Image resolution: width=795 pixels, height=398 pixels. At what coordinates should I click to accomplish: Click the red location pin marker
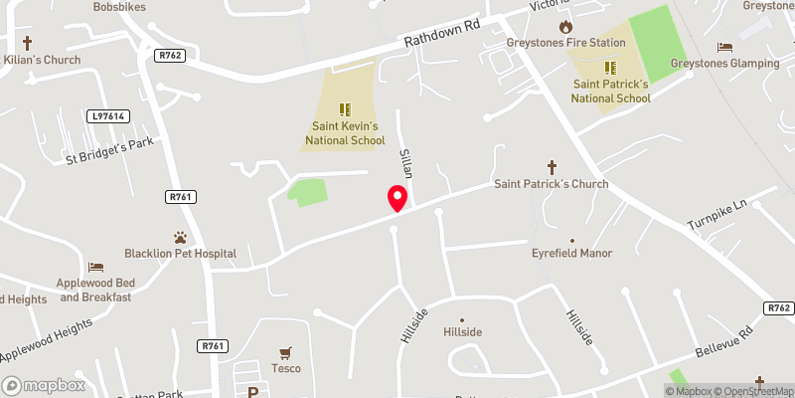coord(397,198)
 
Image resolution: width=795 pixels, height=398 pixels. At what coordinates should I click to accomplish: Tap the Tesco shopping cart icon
coord(286,352)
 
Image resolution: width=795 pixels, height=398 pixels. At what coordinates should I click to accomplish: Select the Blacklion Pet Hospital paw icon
coord(180,238)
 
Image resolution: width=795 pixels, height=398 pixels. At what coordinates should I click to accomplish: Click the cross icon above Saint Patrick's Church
coord(553,167)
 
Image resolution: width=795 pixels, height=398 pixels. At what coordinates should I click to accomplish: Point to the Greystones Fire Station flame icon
coord(565,27)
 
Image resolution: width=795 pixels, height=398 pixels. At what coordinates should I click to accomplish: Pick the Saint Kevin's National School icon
coord(344,109)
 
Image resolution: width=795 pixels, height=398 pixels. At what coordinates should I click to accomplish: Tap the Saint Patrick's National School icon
coord(611,69)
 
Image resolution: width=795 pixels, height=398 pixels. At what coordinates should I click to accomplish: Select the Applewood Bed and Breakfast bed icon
coord(95,267)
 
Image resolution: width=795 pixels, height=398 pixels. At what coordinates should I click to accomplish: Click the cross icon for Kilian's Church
coord(27,43)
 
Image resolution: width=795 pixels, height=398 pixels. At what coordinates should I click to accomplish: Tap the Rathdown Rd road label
coord(442,37)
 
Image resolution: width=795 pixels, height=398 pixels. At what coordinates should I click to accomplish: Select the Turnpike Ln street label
coord(716,216)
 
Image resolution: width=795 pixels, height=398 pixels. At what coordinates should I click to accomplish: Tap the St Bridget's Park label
coord(110,150)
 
